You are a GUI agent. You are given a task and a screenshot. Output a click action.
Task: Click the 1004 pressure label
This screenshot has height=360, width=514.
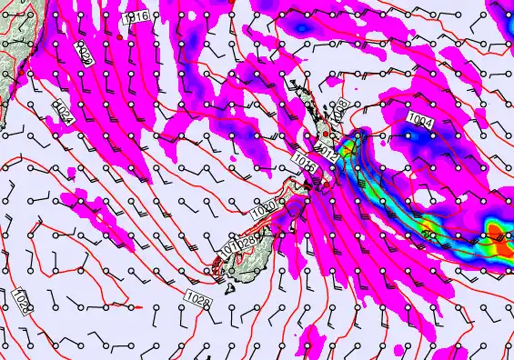tap(420, 120)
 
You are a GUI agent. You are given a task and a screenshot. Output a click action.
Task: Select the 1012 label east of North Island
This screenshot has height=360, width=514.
tap(328, 153)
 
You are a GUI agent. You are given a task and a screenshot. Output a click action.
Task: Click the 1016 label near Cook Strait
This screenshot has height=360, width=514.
tap(305, 162)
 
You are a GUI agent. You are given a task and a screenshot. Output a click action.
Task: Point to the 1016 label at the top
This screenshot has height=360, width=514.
tap(138, 17)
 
